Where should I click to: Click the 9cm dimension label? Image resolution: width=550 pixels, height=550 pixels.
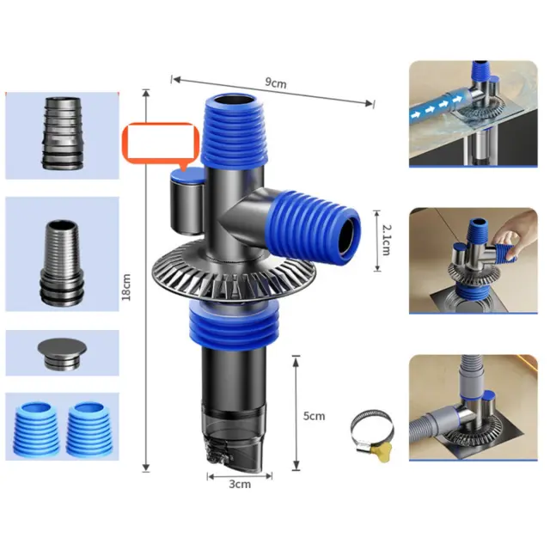(275, 83)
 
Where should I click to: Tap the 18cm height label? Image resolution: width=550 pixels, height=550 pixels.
(126, 287)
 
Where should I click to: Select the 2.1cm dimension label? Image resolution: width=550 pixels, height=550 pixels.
(386, 241)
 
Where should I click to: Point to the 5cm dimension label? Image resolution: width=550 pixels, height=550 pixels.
(314, 416)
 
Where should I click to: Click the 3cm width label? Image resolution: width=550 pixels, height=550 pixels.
(240, 484)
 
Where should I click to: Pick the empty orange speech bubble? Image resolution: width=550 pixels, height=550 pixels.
(161, 144)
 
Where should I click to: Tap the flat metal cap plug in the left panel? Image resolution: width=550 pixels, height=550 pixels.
(62, 353)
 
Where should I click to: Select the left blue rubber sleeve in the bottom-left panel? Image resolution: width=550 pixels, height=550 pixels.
(36, 429)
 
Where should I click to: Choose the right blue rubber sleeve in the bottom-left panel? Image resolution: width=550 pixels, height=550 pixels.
(89, 429)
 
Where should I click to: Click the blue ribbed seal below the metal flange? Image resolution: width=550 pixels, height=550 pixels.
(234, 324)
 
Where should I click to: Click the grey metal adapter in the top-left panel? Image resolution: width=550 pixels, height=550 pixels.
(63, 133)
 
